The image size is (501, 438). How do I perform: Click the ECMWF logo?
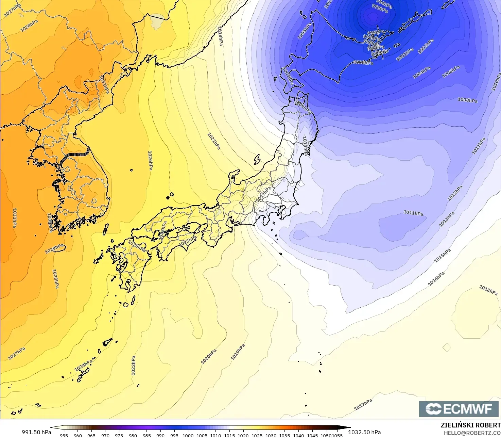tap(459, 409)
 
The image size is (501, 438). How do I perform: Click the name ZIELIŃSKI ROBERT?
tap(470, 425)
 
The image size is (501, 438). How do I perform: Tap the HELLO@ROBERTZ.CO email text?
tap(472, 433)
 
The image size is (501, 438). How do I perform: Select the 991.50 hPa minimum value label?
tap(36, 432)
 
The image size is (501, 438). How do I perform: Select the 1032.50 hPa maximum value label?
tap(364, 432)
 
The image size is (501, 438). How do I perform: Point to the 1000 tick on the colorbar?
tap(188, 435)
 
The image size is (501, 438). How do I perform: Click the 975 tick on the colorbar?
tap(119, 435)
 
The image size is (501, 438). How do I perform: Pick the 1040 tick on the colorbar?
tap(298, 435)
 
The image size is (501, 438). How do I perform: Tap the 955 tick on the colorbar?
tap(64, 435)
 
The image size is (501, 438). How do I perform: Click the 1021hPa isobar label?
tap(214, 141)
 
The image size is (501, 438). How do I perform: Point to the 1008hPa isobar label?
tap(467, 100)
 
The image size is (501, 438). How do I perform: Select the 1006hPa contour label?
tap(451, 72)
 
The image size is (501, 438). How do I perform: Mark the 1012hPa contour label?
tap(455, 193)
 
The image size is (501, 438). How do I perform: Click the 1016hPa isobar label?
tap(436, 279)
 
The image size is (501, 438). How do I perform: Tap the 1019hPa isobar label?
tap(238, 352)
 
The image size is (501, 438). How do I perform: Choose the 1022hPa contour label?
tap(134, 366)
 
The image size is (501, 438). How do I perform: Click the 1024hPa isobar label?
tap(84, 365)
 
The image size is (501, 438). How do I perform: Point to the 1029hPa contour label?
tap(55, 249)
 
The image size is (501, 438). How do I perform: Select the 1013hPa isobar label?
tap(447, 220)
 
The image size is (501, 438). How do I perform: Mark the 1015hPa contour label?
tap(443, 256)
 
